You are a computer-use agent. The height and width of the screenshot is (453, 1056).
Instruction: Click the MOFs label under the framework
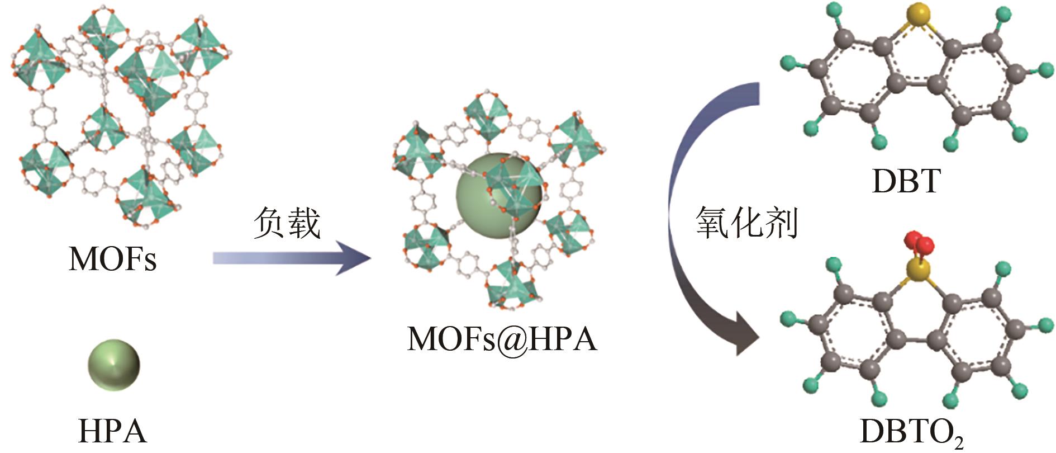[112, 258]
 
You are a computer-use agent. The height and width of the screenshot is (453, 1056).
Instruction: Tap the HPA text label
[112, 431]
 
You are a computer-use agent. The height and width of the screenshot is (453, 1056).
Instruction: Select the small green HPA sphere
[113, 364]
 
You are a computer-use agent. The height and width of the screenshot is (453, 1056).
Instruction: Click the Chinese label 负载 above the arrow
[287, 223]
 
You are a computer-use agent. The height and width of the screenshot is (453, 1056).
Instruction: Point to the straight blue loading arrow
[291, 258]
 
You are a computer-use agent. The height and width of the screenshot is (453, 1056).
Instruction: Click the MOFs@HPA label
[502, 339]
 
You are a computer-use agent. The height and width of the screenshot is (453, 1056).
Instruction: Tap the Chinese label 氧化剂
[746, 223]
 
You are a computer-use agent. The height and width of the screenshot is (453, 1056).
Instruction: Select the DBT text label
[906, 181]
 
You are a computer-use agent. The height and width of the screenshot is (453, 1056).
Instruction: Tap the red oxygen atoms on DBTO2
[917, 243]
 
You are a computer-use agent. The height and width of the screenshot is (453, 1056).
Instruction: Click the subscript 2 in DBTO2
[959, 442]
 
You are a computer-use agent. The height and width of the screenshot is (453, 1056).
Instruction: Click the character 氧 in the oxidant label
[713, 223]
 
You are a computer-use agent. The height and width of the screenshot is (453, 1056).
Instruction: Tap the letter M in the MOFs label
[84, 258]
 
